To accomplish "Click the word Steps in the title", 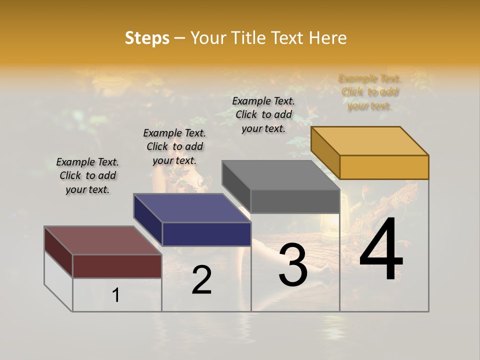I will [x=147, y=38].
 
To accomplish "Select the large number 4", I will [x=381, y=250].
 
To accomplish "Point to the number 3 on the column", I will [x=293, y=265].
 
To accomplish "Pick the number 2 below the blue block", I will [x=201, y=280].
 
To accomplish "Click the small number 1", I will [x=116, y=295].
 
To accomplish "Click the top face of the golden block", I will [x=370, y=140].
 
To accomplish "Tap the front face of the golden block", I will [x=384, y=167].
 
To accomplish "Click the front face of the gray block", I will [x=295, y=201].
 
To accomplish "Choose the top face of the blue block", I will [x=192, y=208].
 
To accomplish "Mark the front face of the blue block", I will [x=206, y=234].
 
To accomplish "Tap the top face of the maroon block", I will [x=103, y=240].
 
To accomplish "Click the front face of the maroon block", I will [x=117, y=266].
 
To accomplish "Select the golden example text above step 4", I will [x=369, y=92].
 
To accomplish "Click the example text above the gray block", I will [x=263, y=114].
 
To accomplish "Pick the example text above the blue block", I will [x=174, y=146].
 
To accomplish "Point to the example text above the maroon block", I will [x=87, y=175].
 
